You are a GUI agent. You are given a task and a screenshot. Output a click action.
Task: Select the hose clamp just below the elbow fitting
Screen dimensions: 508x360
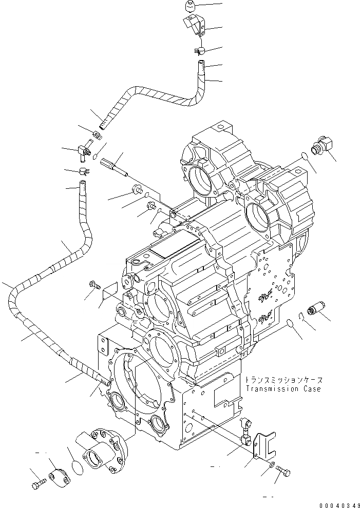coord(82,171)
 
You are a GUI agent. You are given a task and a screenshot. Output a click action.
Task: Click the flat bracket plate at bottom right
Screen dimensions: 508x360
coord(265,443)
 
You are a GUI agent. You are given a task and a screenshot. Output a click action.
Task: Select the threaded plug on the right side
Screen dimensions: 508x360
coord(313,309)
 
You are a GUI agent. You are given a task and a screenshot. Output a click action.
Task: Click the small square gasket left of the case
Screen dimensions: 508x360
coord(109,293)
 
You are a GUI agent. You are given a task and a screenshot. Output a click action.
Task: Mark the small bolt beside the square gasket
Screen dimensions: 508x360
coord(94,283)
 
